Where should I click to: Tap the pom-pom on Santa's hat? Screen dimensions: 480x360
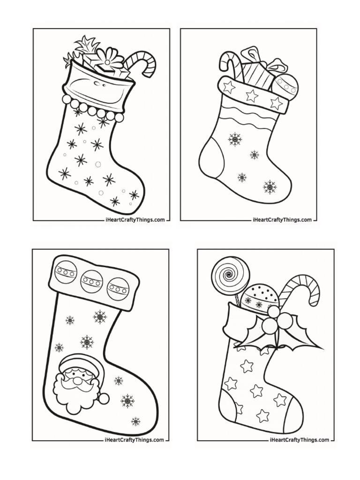pos(104,398)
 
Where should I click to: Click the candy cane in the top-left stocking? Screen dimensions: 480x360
pos(143,63)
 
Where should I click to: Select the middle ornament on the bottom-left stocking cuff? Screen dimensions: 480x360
pos(91,281)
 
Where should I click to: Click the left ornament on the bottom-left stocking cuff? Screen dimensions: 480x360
pos(66,273)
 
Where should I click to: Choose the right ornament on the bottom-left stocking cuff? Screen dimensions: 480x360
pos(118,288)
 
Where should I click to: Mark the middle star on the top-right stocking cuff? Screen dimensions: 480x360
pos(252,96)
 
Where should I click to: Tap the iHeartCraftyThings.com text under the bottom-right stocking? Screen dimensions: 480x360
pos(300,440)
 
